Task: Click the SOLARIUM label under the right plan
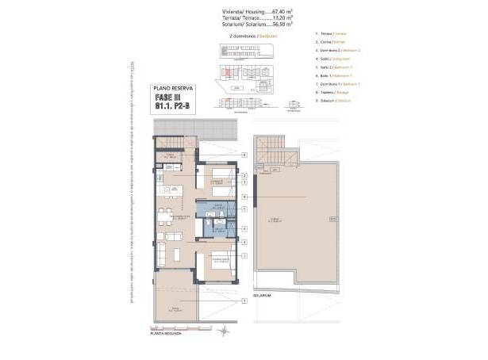tap(263, 295)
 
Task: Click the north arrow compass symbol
tap(225, 330)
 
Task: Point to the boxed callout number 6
tap(244, 196)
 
